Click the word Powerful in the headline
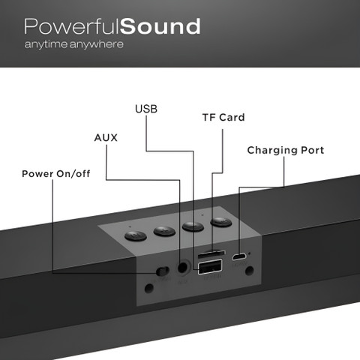click(72, 26)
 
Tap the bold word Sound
click(160, 26)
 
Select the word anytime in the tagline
click(46, 44)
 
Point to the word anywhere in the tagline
click(97, 44)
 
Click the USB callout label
click(146, 109)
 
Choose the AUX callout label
click(106, 138)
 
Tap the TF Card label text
click(223, 118)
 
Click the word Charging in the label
click(272, 151)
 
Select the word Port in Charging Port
click(313, 150)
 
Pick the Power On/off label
click(56, 174)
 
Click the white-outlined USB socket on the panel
click(210, 267)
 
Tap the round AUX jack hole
click(183, 268)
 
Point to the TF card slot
click(211, 254)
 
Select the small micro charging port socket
click(239, 256)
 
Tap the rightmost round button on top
click(221, 222)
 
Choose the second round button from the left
click(164, 231)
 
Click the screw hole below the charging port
click(250, 270)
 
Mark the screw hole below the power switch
click(149, 288)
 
